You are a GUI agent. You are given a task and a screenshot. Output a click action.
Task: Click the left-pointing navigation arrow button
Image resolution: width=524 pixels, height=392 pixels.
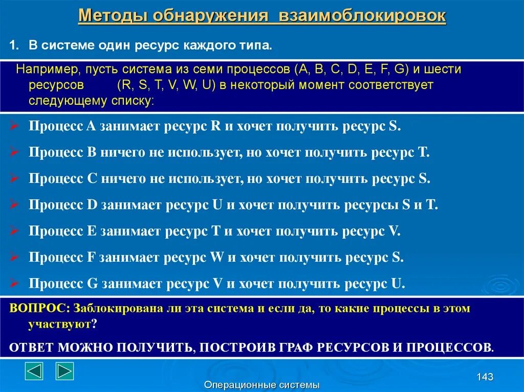coord(34,371)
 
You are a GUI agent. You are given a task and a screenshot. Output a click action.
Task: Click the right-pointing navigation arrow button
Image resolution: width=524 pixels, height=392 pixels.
coord(65,371)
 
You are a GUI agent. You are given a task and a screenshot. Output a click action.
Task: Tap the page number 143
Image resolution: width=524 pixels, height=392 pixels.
coord(484,377)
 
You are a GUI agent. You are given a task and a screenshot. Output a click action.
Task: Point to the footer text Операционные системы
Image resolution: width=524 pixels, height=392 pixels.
coord(261,385)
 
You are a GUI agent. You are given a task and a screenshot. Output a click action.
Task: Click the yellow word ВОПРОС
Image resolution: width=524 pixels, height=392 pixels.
coord(39,309)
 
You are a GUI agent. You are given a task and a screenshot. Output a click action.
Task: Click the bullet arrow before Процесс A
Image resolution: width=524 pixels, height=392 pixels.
coord(14,126)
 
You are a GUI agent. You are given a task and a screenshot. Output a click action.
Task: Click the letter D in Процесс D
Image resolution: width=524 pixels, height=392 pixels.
coord(92,205)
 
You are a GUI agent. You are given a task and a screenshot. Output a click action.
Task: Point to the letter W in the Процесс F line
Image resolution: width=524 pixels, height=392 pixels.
coord(217,257)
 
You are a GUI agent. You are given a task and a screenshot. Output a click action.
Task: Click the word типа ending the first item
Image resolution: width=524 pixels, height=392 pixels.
coord(255,45)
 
